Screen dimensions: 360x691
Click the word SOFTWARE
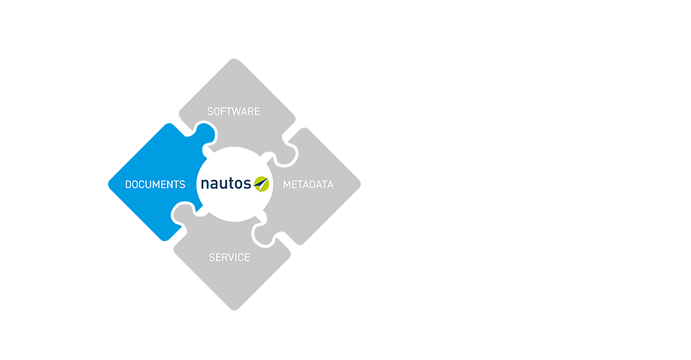click(x=233, y=112)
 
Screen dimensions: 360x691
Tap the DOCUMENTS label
click(x=155, y=184)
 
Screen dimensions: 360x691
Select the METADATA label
click(x=308, y=184)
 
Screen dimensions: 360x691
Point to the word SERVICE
click(x=229, y=257)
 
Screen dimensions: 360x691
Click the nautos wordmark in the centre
click(x=225, y=184)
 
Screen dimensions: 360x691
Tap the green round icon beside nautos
click(x=261, y=184)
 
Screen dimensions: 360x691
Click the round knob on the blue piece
click(x=204, y=134)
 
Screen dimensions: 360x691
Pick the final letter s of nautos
click(x=247, y=185)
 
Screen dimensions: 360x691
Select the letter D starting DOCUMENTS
click(x=128, y=184)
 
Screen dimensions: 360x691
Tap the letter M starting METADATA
click(x=286, y=184)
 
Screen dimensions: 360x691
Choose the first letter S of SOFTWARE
click(x=210, y=112)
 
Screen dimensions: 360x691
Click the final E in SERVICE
click(x=247, y=257)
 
